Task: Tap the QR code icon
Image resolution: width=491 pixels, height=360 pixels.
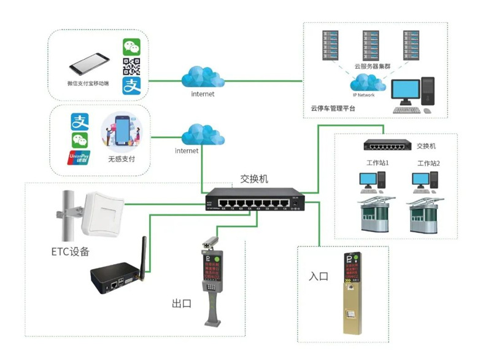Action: tap(131, 66)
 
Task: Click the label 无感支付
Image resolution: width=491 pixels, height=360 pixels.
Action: tap(122, 158)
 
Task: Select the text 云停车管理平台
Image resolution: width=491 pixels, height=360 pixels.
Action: tap(333, 108)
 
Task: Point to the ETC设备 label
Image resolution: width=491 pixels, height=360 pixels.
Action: tap(70, 251)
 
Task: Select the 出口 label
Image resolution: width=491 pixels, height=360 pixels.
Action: tap(182, 303)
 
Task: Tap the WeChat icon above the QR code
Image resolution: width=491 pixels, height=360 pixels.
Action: tap(131, 47)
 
